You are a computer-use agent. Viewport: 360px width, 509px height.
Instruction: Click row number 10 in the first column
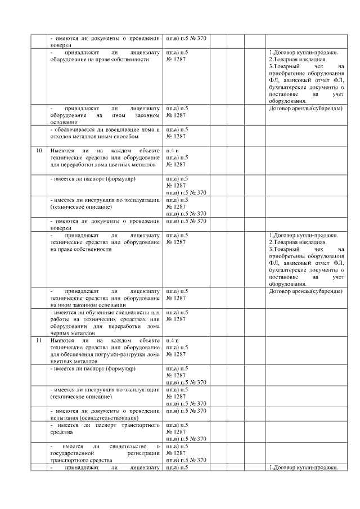[x=39, y=151]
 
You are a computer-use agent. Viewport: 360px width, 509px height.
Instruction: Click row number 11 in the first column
[x=39, y=340]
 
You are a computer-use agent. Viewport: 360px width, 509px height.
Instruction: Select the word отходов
[x=61, y=136]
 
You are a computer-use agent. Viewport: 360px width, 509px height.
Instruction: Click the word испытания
[x=64, y=418]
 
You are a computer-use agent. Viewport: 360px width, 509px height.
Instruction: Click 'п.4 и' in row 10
[x=172, y=151]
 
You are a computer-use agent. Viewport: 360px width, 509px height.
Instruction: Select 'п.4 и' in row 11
[x=172, y=340]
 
